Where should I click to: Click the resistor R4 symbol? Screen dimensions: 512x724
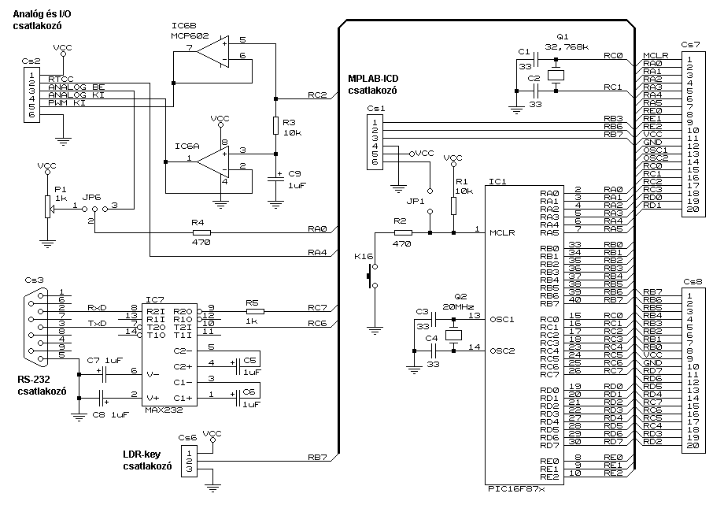click(201, 233)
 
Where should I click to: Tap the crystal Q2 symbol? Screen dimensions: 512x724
click(453, 336)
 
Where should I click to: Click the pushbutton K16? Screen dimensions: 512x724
click(371, 276)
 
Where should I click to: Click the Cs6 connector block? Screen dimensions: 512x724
click(188, 462)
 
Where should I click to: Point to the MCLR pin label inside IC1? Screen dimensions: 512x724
click(502, 233)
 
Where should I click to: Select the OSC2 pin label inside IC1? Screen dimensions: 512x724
click(502, 351)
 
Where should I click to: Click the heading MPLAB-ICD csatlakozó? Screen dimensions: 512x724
click(373, 85)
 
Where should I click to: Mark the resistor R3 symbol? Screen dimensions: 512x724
click(275, 126)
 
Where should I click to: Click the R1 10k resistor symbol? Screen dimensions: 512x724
click(453, 206)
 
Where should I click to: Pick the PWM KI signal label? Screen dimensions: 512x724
click(66, 103)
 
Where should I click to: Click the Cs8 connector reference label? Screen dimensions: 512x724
click(693, 281)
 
